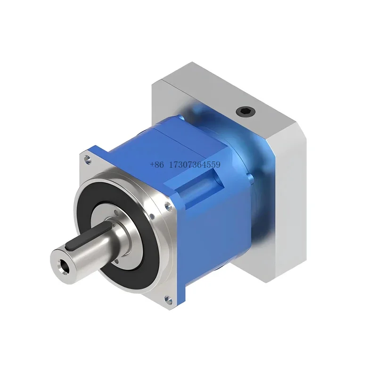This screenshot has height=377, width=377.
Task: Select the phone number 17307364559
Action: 198,165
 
